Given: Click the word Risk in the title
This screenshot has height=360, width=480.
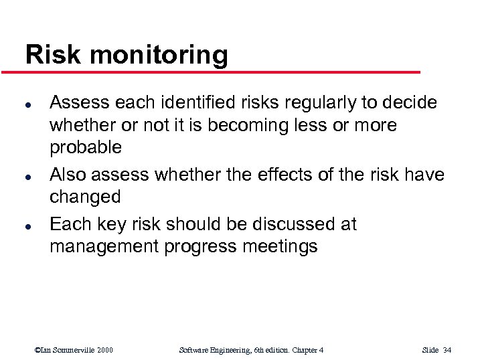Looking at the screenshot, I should coord(50,55).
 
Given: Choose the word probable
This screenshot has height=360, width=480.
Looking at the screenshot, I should coord(86,147).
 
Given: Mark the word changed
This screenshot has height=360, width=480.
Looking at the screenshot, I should coord(85,197).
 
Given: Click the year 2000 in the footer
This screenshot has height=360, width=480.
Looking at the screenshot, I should coord(104,350).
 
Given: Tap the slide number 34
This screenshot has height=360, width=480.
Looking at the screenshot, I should coord(447,350).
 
